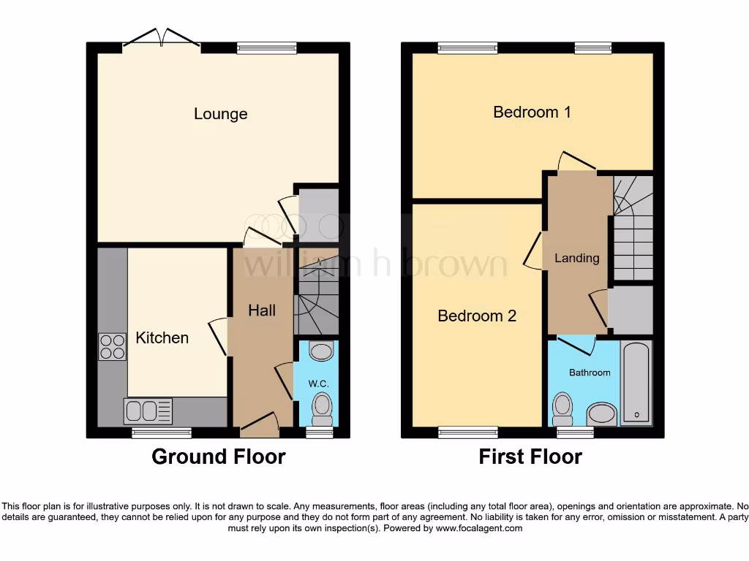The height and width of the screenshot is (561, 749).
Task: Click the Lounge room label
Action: point(220,114)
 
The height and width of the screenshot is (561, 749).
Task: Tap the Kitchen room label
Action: point(162,337)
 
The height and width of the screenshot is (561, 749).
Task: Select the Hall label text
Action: point(261,310)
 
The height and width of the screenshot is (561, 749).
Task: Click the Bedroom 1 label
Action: point(532,112)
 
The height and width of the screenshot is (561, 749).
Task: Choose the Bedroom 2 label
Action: point(477,316)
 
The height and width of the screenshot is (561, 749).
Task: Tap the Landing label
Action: point(576,258)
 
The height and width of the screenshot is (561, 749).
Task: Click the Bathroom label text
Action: point(590,373)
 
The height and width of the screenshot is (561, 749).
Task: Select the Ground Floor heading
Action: point(218,457)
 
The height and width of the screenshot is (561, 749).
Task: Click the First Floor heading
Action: point(530,457)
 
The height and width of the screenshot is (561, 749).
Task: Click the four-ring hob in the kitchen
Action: point(112,346)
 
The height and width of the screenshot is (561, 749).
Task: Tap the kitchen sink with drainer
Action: point(148,411)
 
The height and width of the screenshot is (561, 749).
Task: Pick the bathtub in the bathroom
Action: point(636,382)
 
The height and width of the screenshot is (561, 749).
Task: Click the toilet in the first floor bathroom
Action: point(562,409)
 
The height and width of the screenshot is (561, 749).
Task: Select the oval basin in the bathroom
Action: point(602,414)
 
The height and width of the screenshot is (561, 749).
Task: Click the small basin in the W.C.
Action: point(321,351)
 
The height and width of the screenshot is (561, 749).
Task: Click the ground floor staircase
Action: point(316,292)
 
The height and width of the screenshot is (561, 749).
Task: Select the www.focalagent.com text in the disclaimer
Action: point(478,528)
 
